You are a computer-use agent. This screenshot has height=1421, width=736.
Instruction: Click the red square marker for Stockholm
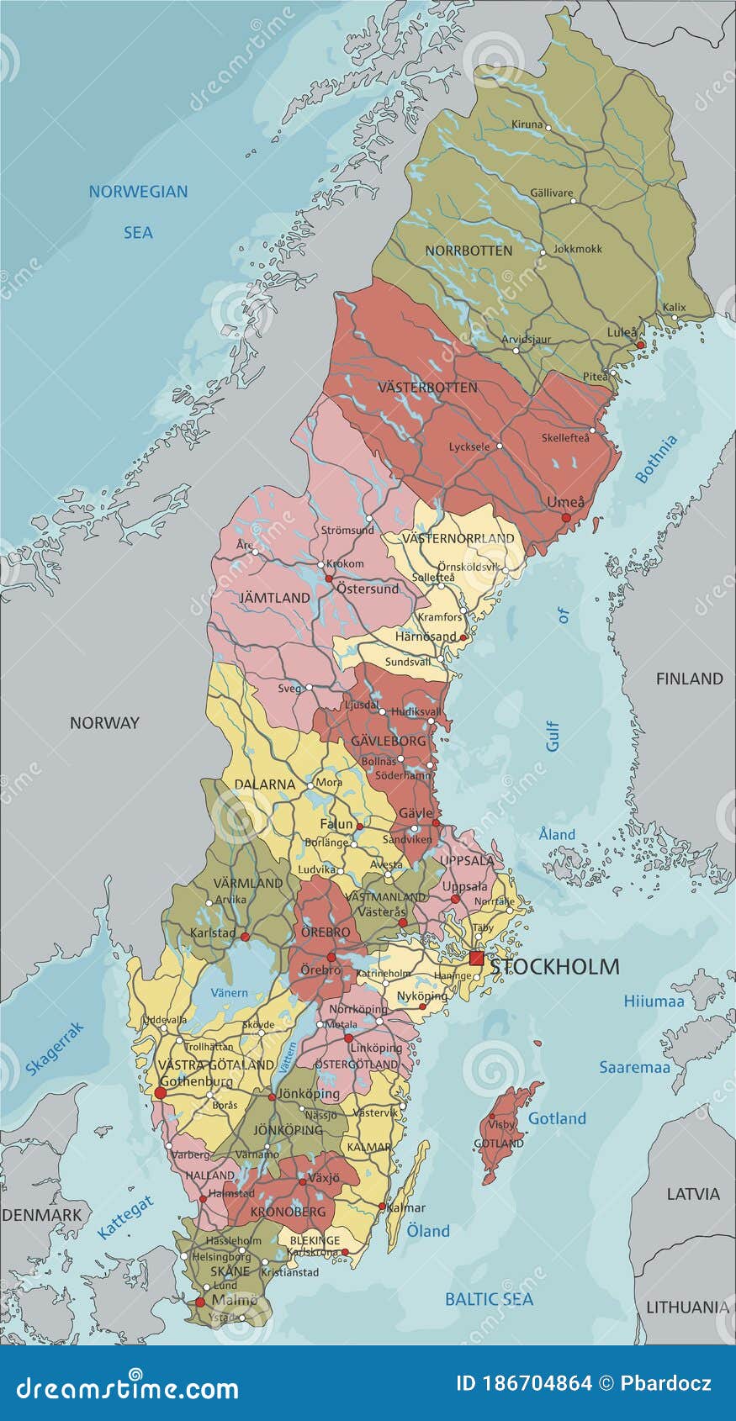tap(477, 959)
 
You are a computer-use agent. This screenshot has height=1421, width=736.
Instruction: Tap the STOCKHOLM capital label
tap(555, 967)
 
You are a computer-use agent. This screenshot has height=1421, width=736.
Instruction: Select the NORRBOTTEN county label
tap(469, 251)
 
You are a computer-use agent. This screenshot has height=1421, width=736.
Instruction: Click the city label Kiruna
tap(527, 124)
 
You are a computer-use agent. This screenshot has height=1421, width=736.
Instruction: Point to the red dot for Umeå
tap(566, 517)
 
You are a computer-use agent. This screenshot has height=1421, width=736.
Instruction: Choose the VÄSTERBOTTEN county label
tap(427, 388)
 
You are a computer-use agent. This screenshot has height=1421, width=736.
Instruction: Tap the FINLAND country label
tap(689, 679)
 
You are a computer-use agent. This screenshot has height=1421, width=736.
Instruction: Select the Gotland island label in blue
tap(557, 1118)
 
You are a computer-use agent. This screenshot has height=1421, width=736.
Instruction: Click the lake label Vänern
tap(229, 992)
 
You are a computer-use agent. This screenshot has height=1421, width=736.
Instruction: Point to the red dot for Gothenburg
tap(160, 1093)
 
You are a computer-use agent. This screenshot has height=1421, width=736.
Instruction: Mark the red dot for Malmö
tap(199, 1302)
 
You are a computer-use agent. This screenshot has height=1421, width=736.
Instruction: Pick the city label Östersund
tap(368, 589)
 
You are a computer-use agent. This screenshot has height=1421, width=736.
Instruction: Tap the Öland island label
tap(428, 1231)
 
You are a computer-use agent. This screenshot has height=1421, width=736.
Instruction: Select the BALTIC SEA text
tap(489, 1299)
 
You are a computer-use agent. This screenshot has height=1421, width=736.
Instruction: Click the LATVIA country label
tap(693, 1194)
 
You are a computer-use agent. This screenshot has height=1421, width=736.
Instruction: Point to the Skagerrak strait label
tap(56, 1049)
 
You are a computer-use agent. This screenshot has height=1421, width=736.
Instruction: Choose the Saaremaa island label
tap(634, 1067)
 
